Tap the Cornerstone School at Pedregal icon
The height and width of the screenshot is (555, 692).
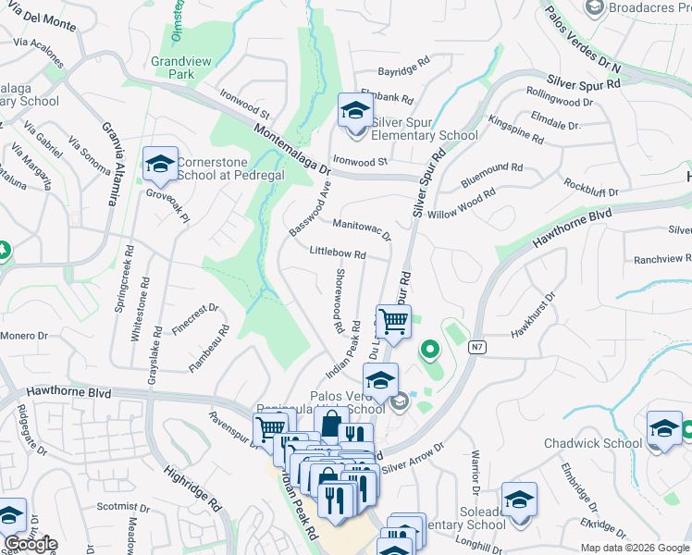click(160, 166)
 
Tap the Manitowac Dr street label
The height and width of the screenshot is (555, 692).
click(362, 228)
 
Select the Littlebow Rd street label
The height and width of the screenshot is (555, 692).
click(338, 253)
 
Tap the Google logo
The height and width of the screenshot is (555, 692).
click(30, 544)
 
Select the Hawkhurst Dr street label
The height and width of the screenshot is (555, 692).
click(538, 314)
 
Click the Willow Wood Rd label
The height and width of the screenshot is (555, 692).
click(462, 201)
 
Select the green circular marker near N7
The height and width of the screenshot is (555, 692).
click(429, 350)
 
